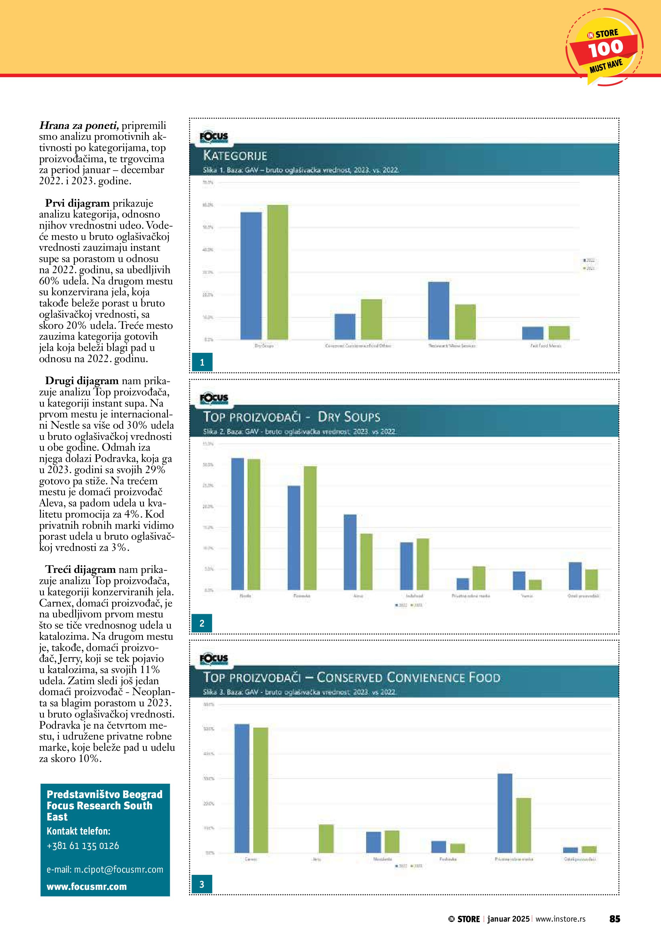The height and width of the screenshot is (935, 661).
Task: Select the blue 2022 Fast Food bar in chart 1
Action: [532, 333]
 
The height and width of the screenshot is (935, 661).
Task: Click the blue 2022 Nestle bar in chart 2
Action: [238, 524]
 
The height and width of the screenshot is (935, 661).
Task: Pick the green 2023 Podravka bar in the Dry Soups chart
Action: [310, 528]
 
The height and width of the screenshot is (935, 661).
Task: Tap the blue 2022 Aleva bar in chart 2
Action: [350, 552]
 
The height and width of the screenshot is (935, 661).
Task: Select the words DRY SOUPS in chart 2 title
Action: [349, 417]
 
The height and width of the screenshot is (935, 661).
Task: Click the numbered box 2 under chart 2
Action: [202, 623]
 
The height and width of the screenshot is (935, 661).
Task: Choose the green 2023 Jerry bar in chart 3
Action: [326, 838]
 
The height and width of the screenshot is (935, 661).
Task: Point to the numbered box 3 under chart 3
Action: [202, 884]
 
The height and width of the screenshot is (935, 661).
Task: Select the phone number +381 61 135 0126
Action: [83, 846]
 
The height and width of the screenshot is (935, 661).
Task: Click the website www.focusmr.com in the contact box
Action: [87, 887]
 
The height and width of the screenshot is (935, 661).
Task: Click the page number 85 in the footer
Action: [615, 919]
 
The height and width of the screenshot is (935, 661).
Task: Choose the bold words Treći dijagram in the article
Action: [77, 569]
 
